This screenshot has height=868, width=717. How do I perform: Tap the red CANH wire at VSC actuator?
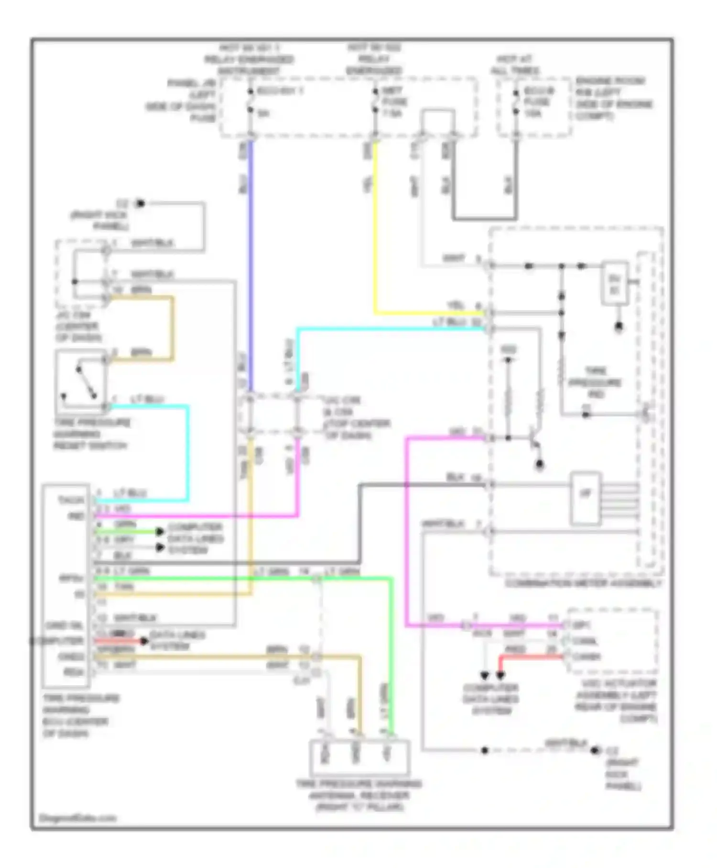pos(531,657)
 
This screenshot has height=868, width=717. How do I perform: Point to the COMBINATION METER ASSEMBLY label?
pos(583,584)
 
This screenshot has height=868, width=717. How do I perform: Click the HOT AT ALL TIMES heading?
pos(515,65)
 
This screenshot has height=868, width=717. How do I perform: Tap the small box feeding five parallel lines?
pos(586,499)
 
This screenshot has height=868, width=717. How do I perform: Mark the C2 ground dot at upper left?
pos(140,203)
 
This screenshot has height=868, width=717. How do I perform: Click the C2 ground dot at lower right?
pos(595,751)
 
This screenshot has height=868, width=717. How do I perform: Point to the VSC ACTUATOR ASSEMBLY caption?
pos(616,701)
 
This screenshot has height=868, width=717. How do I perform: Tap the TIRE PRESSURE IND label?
pos(595,383)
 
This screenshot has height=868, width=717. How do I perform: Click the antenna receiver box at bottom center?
pos(359,757)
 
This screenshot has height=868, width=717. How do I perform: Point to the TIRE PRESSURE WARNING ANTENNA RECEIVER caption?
pos(358,795)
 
